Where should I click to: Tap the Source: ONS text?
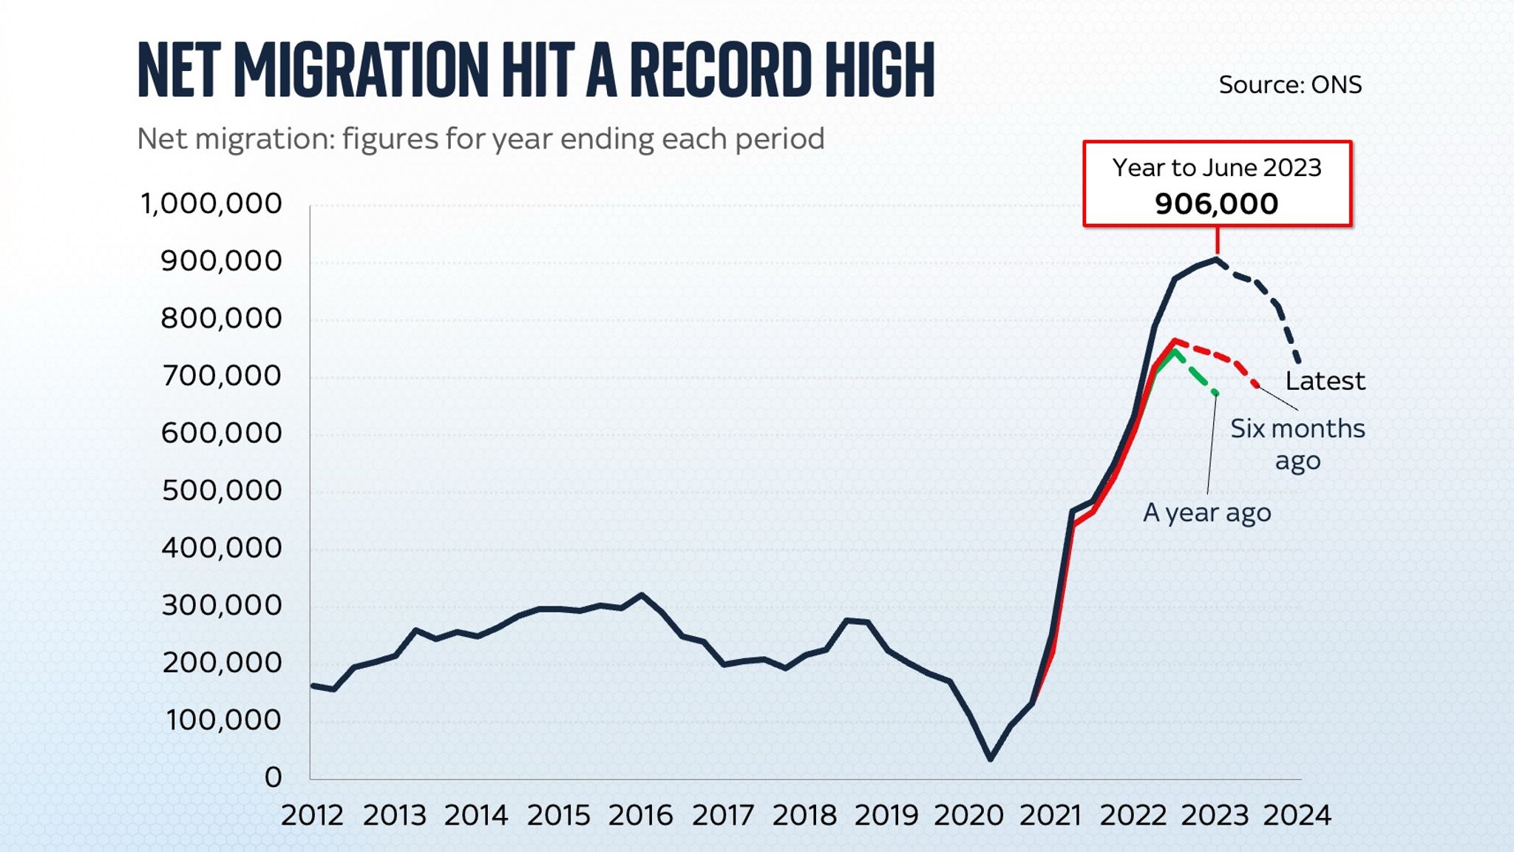tap(1289, 85)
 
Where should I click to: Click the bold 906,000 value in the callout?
tap(1216, 204)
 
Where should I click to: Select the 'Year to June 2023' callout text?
tap(1216, 168)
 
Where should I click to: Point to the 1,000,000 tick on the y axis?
tap(211, 203)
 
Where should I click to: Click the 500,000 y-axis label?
tap(222, 490)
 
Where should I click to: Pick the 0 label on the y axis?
tap(273, 777)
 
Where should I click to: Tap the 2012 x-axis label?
tap(312, 816)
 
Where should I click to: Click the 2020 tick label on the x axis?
tap(968, 816)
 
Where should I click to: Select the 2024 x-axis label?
tap(1297, 816)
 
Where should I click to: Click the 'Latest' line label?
tap(1325, 381)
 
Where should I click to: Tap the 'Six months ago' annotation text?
tap(1297, 444)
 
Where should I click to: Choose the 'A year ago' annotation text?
tap(1206, 513)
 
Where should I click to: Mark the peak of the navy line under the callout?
tap(1216, 259)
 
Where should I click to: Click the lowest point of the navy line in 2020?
tap(991, 759)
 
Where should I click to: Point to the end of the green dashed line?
tap(1215, 393)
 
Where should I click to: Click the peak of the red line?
tap(1175, 341)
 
